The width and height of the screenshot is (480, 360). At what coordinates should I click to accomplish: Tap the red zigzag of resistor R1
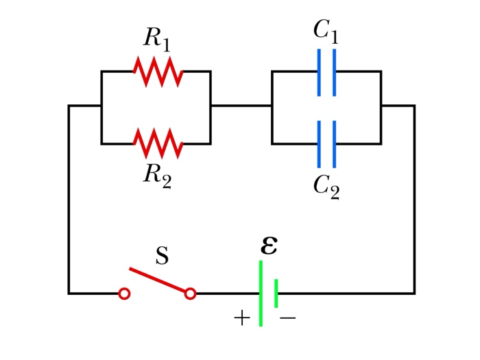click(x=158, y=71)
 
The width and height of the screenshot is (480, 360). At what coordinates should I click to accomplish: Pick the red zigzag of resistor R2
click(x=158, y=143)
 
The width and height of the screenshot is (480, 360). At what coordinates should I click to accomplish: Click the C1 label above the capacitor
click(x=326, y=30)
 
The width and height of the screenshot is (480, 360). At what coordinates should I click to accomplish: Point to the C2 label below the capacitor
click(x=326, y=186)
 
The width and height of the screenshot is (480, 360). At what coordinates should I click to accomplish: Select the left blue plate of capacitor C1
click(x=320, y=71)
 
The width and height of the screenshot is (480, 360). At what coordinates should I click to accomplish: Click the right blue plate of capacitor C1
click(x=335, y=71)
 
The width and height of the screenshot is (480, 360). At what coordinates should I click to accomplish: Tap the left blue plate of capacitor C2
click(x=320, y=144)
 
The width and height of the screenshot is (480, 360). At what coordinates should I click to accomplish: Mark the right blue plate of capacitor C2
click(x=335, y=144)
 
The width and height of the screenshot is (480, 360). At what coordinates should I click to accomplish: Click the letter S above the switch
click(x=162, y=256)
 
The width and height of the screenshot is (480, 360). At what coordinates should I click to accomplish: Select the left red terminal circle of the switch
click(x=124, y=293)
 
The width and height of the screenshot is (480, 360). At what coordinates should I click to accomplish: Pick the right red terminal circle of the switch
click(x=191, y=293)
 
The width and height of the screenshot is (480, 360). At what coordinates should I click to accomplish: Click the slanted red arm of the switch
click(x=158, y=280)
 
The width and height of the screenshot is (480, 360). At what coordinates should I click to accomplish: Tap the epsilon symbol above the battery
click(x=269, y=245)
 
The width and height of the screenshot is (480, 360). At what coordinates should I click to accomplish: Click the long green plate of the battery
click(x=261, y=293)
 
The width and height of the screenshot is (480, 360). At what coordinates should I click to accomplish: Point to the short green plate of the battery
click(x=276, y=293)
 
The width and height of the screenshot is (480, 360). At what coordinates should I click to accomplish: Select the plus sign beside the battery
click(x=242, y=318)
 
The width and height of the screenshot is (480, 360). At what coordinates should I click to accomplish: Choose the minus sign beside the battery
click(x=288, y=318)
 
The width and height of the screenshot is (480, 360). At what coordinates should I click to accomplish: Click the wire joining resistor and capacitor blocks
click(x=241, y=106)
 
